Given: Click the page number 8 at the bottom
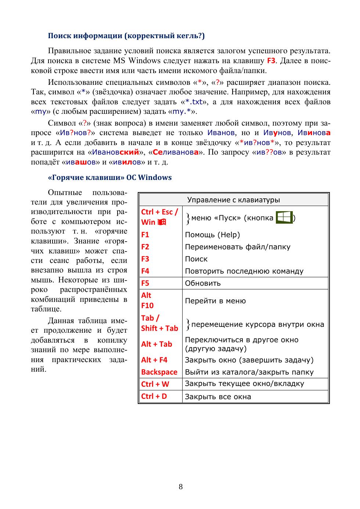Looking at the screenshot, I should coord(180,487).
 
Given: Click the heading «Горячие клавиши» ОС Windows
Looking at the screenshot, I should coord(110,177).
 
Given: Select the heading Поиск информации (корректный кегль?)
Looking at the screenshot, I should coord(126,36).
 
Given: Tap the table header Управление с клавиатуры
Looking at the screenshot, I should coord(233,200).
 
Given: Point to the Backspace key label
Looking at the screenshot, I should coord(159,372).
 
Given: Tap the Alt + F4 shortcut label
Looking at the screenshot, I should coord(154,360).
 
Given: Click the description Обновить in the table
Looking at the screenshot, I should coord(203,283).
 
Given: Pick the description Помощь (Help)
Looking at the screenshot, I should coord(212,235).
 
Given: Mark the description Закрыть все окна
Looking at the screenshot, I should coord(218,397).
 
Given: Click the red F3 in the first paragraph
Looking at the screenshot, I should coord(271,61).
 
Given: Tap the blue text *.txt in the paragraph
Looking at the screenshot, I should coord(194,102).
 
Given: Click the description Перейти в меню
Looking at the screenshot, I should coord(215,301).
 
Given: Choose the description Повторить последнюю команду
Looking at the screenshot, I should coord(244,271).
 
